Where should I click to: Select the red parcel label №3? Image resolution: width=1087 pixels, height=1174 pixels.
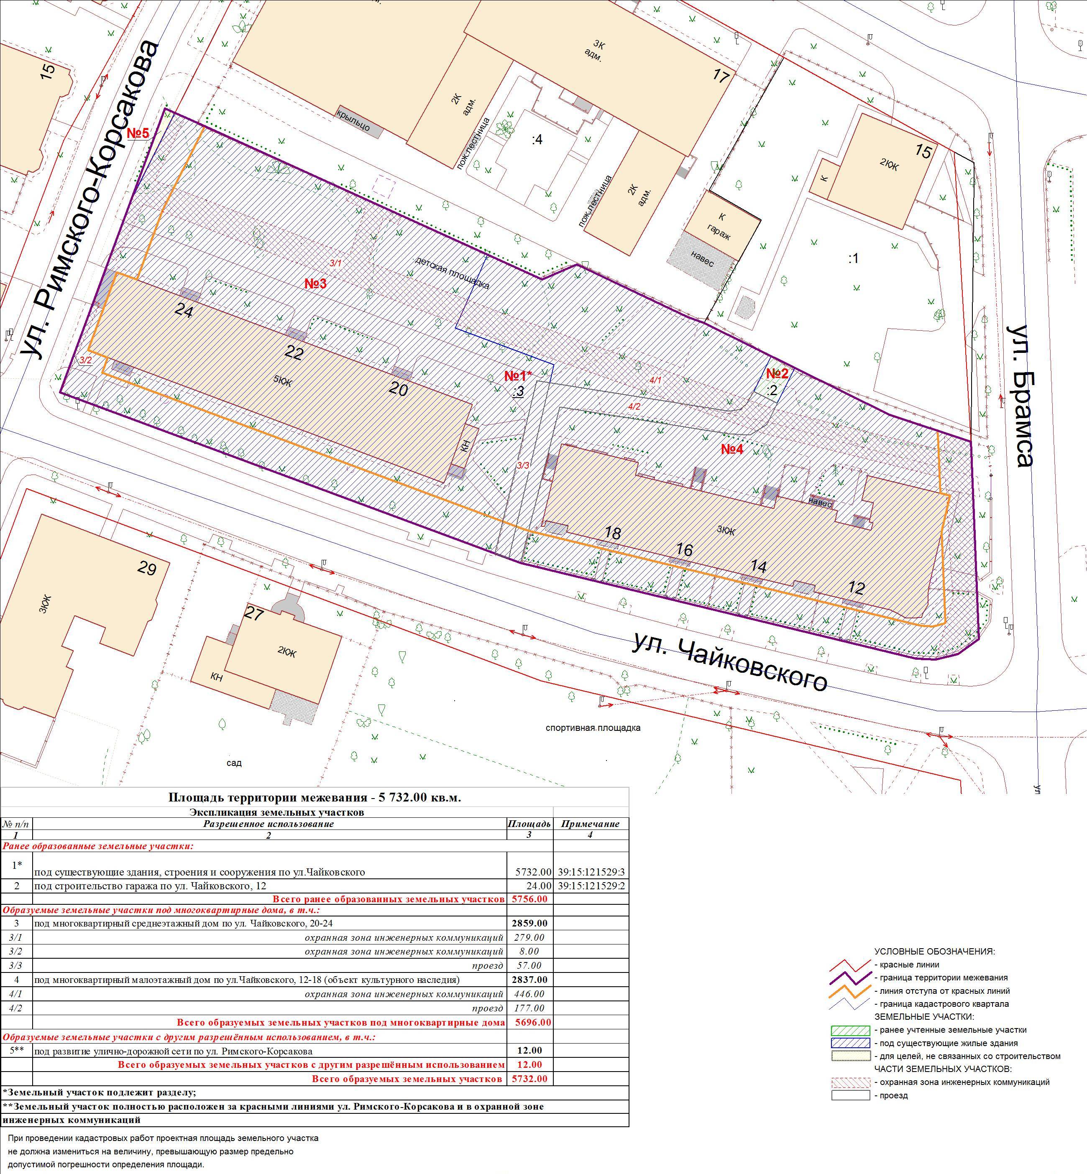[x=315, y=283]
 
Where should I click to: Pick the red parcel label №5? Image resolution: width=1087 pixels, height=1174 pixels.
[x=139, y=133]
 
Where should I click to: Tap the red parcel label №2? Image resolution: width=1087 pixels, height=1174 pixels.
[x=777, y=373]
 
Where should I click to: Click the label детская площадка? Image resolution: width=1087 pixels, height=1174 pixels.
[x=452, y=272]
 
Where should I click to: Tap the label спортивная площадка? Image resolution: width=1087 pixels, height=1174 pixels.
[x=593, y=728]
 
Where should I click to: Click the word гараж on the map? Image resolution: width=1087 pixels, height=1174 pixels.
[x=719, y=230]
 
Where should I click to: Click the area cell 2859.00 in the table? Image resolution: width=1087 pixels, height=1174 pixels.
[x=529, y=923]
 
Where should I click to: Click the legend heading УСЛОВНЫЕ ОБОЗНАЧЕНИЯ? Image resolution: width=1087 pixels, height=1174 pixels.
[x=935, y=951]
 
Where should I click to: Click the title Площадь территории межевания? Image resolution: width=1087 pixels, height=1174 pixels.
[x=259, y=798]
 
